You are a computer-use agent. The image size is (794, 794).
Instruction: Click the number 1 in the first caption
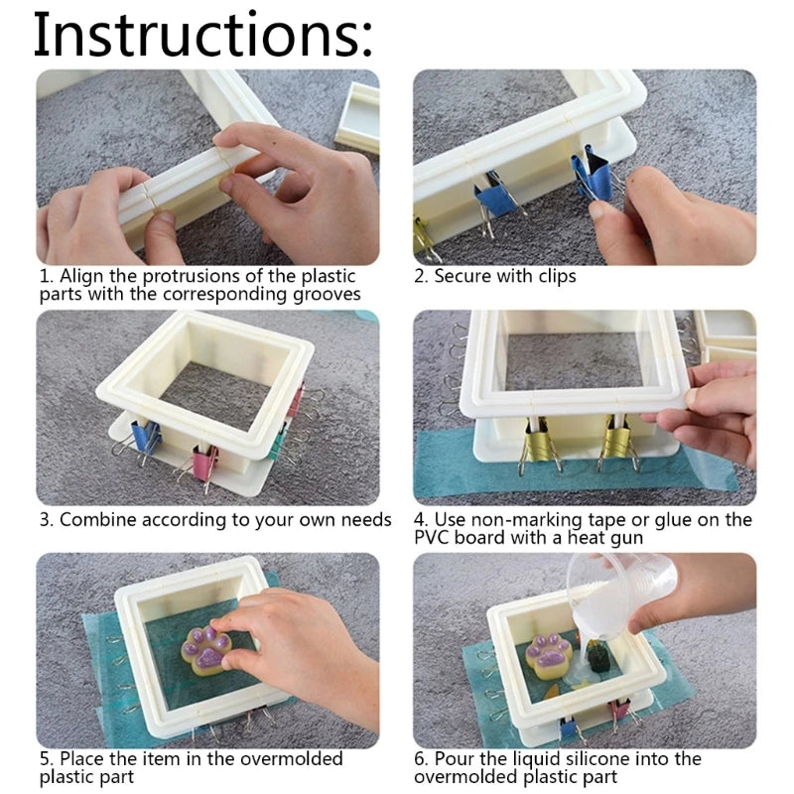pos(45,276)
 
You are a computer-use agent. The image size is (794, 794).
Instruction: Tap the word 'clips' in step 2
pos(555,276)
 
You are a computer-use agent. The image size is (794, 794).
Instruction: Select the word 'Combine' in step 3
pos(98,520)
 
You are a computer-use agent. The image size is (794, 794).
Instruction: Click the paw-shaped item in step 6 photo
pos(547,656)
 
